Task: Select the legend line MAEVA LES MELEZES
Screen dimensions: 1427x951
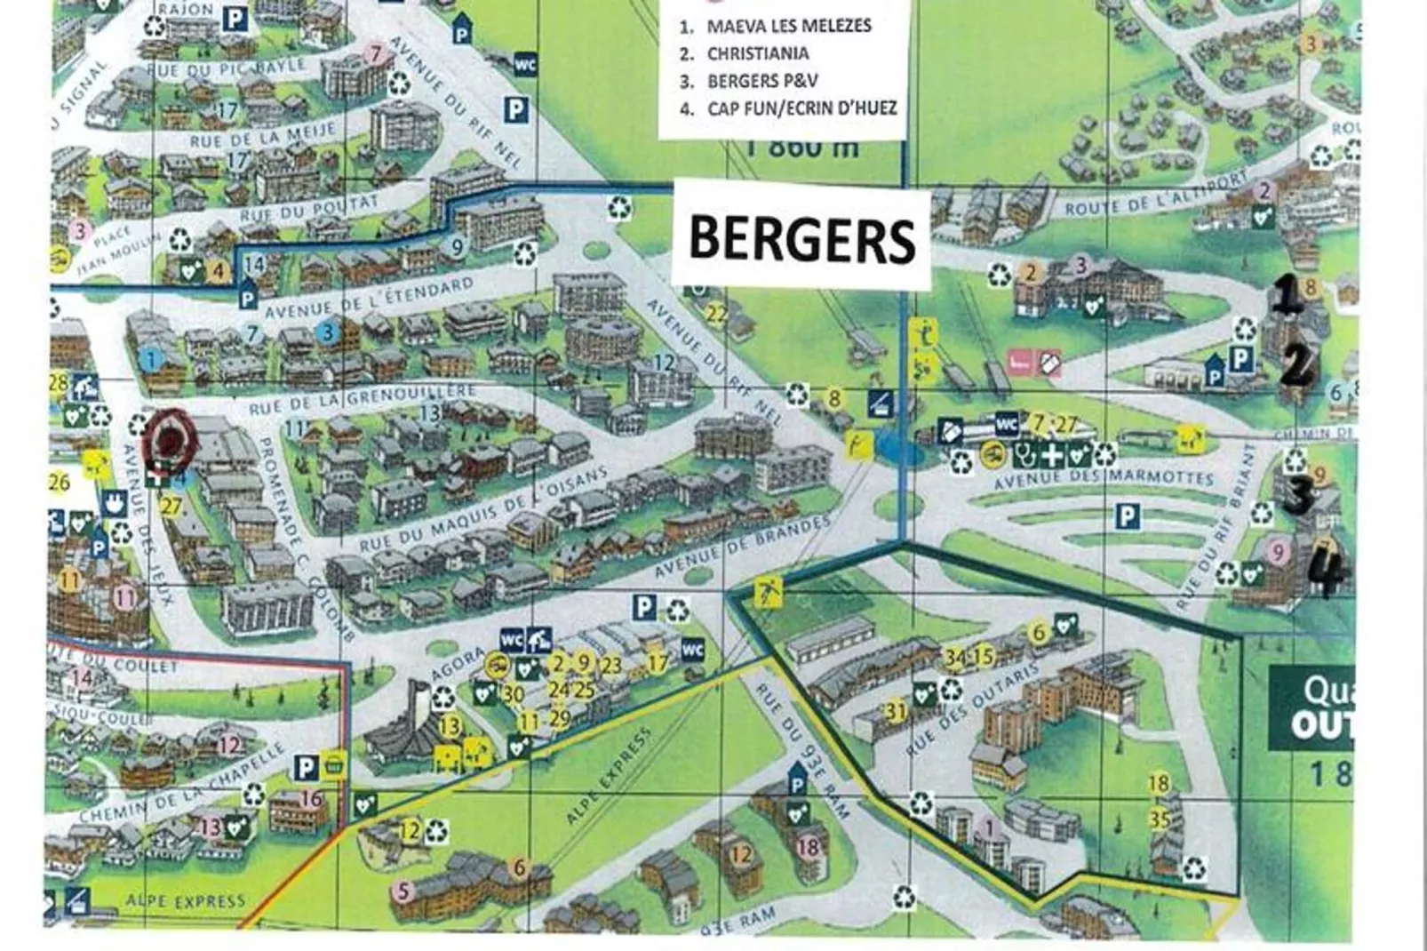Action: coord(788,26)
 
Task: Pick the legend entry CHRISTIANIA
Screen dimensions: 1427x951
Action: coord(757,53)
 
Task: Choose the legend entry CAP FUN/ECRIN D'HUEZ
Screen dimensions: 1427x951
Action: coord(801,108)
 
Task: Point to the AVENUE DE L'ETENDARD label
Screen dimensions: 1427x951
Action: coord(369,299)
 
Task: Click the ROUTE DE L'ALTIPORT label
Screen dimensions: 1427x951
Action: coord(1155,196)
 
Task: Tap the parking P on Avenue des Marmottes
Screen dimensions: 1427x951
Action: coord(1128,515)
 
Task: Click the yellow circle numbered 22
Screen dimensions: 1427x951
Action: coord(716,313)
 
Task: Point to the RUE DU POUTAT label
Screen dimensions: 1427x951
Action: coord(308,210)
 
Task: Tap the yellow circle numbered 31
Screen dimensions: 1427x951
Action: coord(896,711)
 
